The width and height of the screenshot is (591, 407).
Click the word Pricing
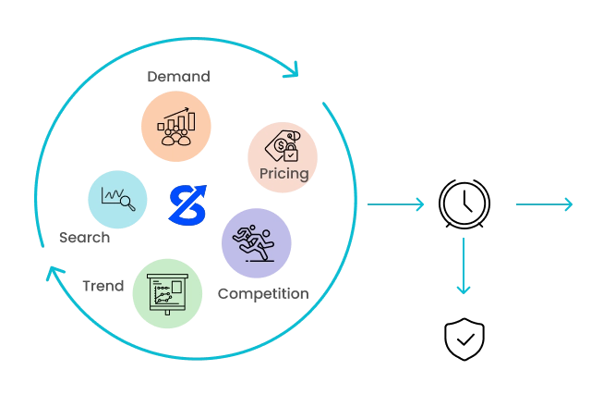pyautogui.click(x=284, y=174)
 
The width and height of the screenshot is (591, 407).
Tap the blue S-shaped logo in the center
pyautogui.click(x=187, y=204)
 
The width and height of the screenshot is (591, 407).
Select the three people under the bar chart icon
pyautogui.click(x=175, y=137)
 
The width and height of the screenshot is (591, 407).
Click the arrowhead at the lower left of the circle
pyautogui.click(x=53, y=274)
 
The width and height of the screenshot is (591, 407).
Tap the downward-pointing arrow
pyautogui.click(x=462, y=268)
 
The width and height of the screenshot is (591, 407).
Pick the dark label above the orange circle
pyautogui.click(x=181, y=77)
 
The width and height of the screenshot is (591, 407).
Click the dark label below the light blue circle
pyautogui.click(x=85, y=236)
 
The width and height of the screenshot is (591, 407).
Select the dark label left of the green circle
pyautogui.click(x=102, y=286)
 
